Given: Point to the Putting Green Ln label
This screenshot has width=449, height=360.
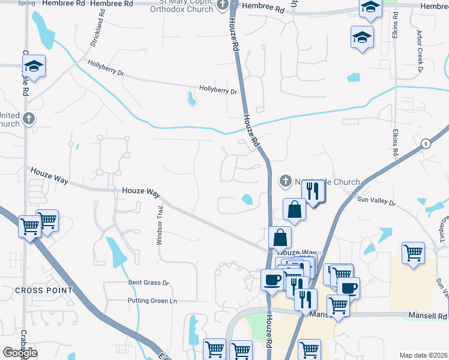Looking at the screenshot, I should click(x=152, y=300).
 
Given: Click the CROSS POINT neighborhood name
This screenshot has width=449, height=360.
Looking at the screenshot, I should click(x=44, y=290).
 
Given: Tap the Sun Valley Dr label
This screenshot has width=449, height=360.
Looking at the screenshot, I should click(x=376, y=203).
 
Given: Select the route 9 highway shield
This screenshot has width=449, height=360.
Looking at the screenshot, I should click(x=425, y=143).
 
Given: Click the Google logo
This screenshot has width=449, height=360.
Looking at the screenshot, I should click(x=20, y=353).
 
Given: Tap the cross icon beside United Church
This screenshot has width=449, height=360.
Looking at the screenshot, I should click(x=28, y=119).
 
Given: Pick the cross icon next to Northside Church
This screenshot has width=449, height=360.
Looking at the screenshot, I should click(x=286, y=181).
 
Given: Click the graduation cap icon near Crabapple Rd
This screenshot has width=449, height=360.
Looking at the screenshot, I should click(x=35, y=65).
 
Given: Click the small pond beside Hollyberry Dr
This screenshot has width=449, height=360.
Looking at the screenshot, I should click(x=192, y=98).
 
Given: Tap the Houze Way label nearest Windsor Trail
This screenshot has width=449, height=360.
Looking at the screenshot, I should click(x=141, y=191).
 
